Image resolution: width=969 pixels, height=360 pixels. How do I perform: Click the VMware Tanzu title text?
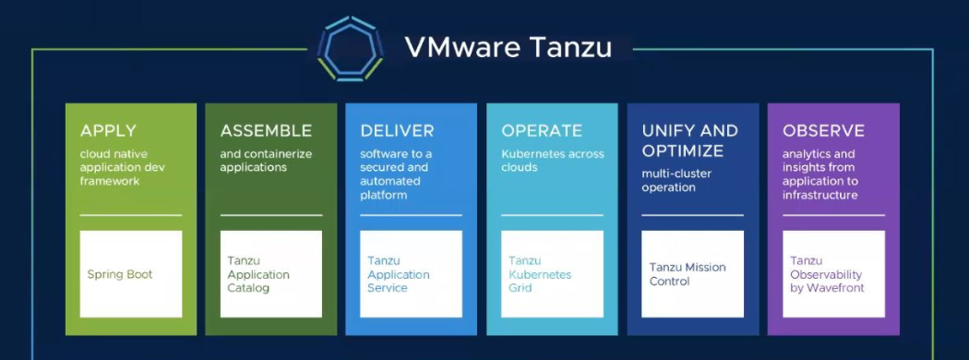pos(508,46)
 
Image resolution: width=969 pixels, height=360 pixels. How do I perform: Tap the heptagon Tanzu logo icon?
pos(350,48)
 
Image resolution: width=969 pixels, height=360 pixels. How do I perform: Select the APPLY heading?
pos(108,131)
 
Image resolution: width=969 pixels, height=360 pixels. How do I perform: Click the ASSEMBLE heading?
pos(266,131)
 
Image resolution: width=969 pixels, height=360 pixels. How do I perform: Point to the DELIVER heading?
pos(397,131)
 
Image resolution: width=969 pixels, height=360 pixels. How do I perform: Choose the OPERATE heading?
pos(542,131)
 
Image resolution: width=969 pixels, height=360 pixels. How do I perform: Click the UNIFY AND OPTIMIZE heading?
pos(689,140)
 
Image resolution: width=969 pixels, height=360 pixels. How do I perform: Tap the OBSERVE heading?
pos(823,131)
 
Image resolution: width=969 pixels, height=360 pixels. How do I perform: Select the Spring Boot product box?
pos(130,274)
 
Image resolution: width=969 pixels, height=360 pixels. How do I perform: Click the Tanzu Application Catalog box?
pos(271,274)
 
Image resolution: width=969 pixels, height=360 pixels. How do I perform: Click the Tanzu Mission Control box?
pos(692,274)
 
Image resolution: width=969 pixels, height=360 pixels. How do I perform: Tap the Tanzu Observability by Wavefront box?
pos(833,274)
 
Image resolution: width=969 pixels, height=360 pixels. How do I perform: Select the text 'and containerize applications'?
pos(266,161)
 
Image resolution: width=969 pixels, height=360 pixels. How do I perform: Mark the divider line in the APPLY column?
pos(130,215)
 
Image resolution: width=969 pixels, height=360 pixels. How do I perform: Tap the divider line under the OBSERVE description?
pos(833,215)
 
